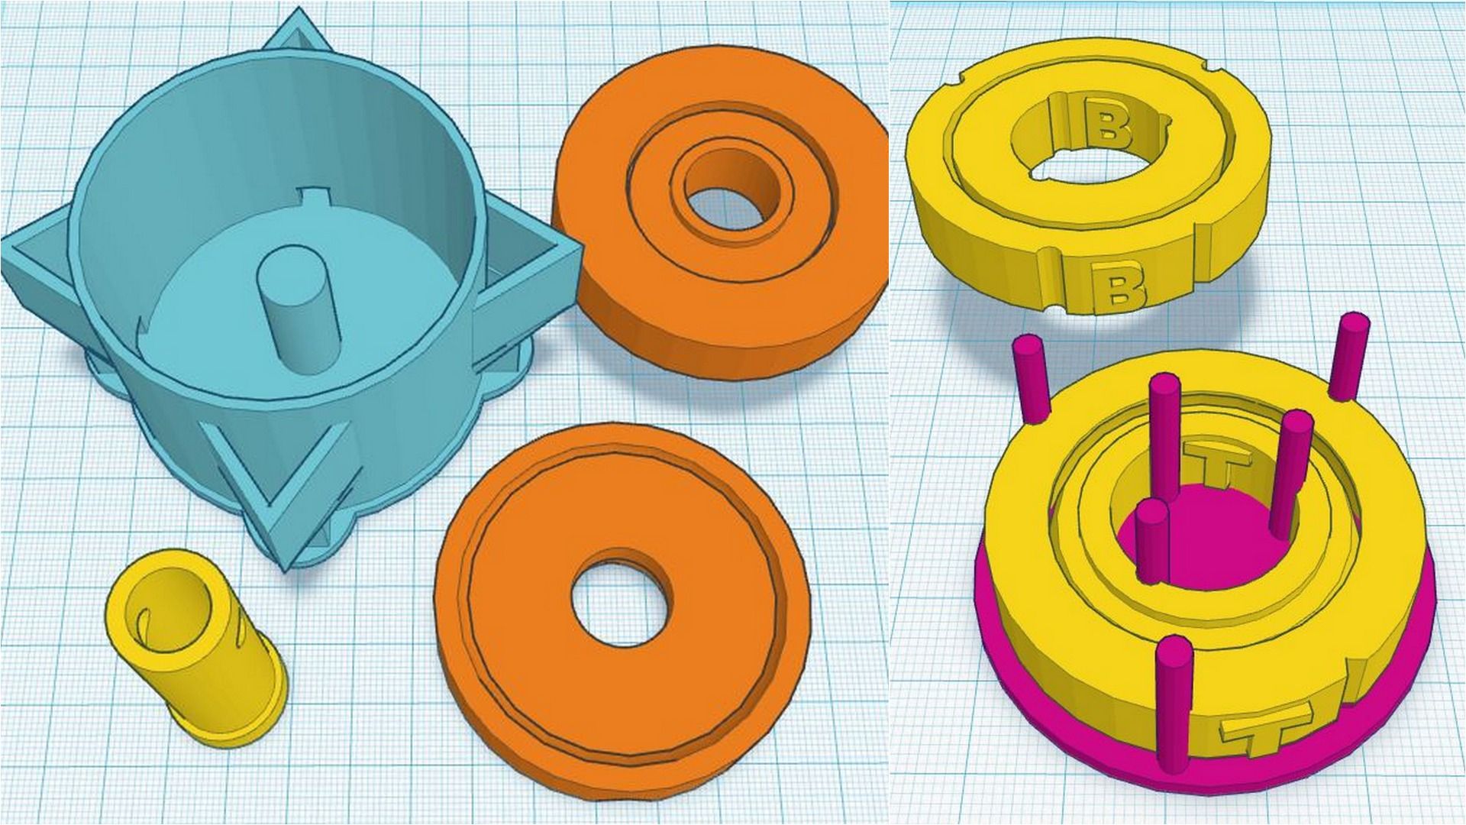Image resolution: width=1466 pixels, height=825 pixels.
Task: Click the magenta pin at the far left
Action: [1032, 379]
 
